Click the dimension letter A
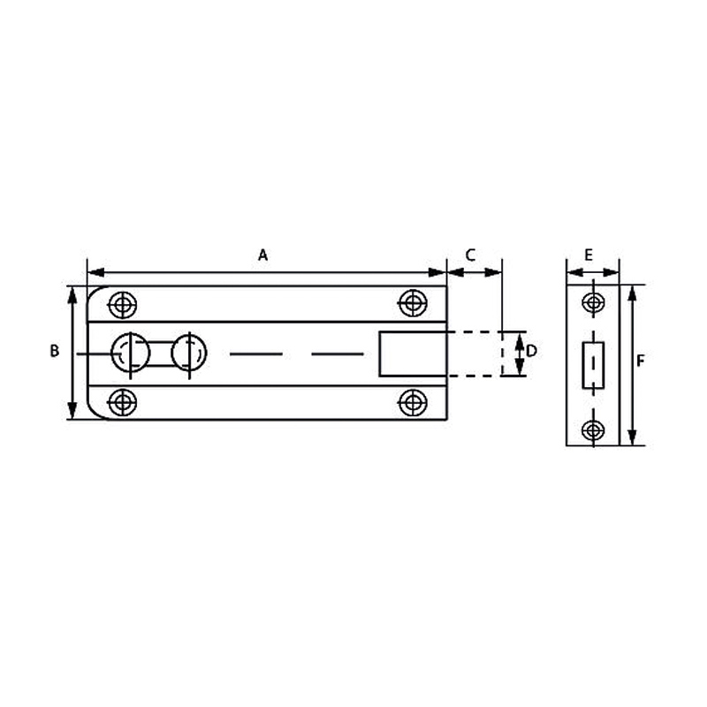pos(262,255)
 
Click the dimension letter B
pos(55,351)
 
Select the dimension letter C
pos(470,255)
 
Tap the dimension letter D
pos(532,351)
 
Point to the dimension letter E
pos(589,255)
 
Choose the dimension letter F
pos(640,361)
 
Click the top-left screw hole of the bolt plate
pos(123,305)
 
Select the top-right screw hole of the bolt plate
pos(413,303)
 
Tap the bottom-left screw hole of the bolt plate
pos(123,403)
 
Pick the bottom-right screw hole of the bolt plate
pos(413,403)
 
